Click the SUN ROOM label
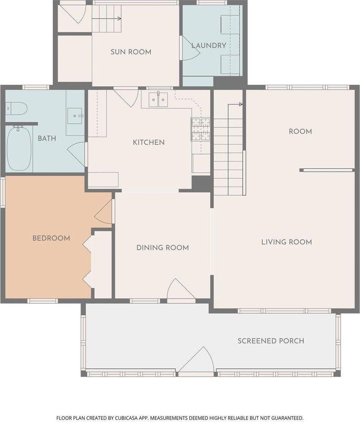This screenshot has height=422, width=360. click(130, 52)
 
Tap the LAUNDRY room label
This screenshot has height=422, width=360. click(208, 45)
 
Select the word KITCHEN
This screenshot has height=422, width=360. click(149, 142)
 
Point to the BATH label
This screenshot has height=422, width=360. click(47, 138)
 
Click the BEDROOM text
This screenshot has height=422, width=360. click(51, 238)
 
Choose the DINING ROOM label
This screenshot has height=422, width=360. click(162, 248)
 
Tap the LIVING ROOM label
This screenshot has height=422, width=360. click(286, 242)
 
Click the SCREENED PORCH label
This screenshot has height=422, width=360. click(271, 341)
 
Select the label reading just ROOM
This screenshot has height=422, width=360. click(300, 131)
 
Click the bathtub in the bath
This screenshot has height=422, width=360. click(19, 148)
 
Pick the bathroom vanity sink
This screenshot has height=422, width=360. click(75, 116)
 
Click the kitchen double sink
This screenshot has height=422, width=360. click(158, 99)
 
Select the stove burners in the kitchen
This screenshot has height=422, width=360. click(200, 129)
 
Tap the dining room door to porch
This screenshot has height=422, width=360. click(180, 291)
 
